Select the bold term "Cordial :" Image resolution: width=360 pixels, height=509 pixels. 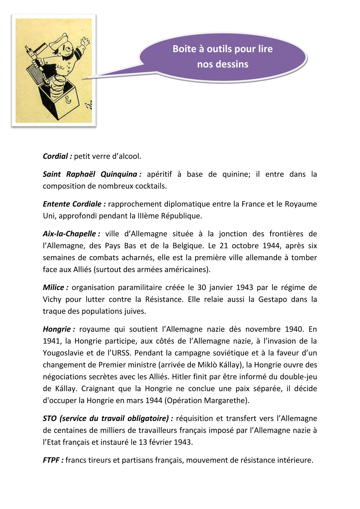point(57,157)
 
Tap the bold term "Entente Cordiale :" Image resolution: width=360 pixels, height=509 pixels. point(74,204)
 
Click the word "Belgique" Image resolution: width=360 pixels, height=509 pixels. point(188,246)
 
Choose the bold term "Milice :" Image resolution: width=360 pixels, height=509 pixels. point(55,287)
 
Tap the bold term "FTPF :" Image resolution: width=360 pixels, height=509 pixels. point(53,460)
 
